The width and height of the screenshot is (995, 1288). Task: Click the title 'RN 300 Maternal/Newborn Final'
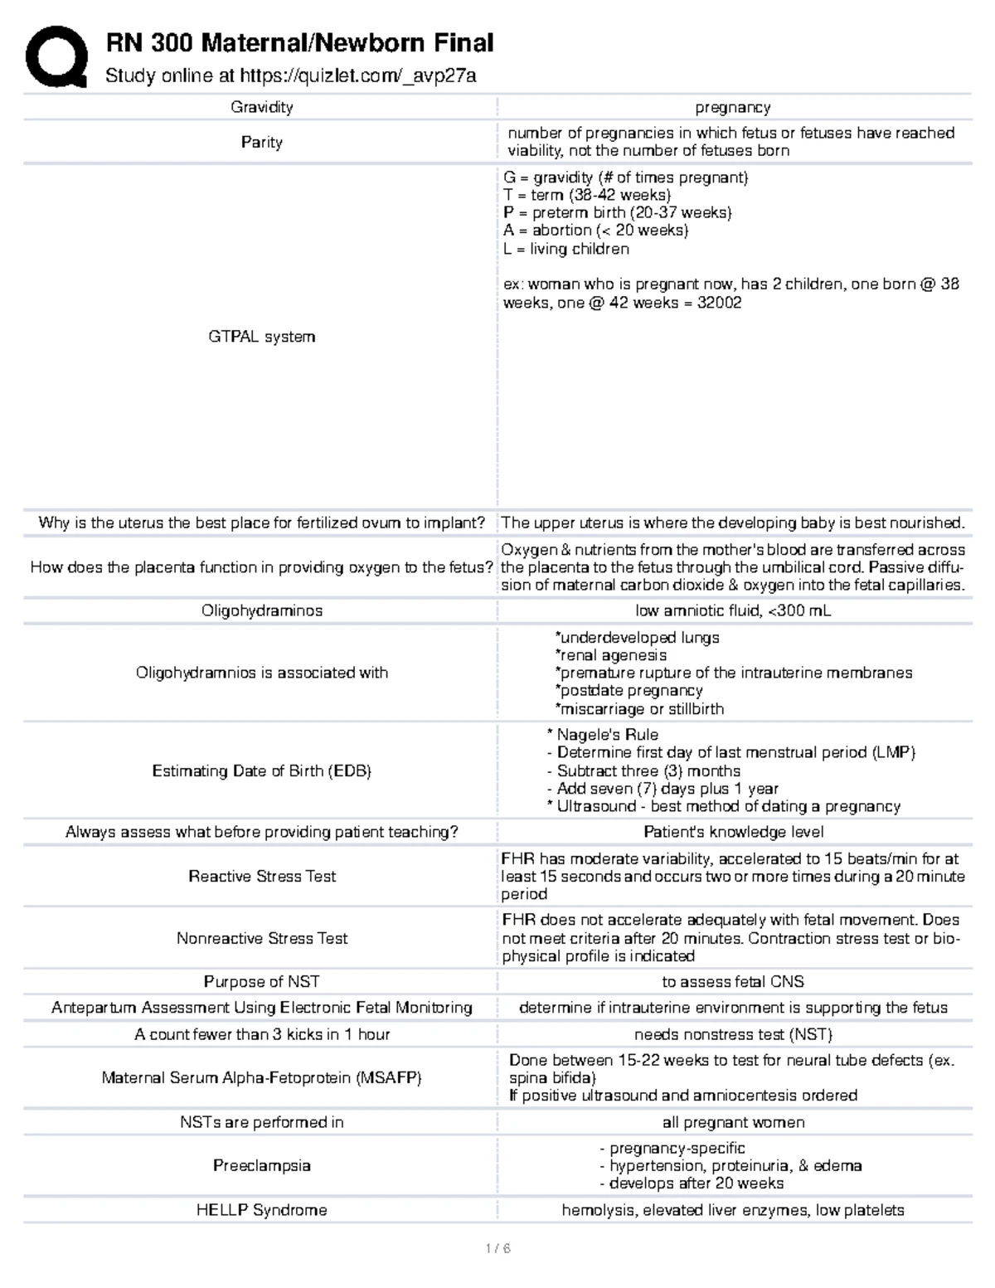[299, 42]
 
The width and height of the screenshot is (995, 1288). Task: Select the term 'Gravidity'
[261, 107]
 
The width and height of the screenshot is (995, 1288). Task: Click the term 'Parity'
[261, 142]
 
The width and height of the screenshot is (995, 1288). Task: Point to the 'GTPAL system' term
[261, 337]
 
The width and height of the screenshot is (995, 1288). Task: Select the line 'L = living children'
[566, 249]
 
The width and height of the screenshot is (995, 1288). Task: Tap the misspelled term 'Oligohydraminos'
[261, 610]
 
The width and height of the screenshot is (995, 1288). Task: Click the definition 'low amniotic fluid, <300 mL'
[732, 610]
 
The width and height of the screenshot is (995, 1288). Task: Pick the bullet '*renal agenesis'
[610, 655]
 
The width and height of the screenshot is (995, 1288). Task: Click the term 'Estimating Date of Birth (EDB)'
[261, 770]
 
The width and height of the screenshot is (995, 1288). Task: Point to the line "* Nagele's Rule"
[603, 734]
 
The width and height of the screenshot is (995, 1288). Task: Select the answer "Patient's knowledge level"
[733, 832]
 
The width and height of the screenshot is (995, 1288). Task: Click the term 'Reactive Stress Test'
[261, 876]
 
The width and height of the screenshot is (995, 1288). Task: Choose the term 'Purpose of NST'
[261, 981]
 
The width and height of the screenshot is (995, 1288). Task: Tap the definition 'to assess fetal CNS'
[733, 981]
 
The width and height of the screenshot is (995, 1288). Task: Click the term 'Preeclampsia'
[261, 1165]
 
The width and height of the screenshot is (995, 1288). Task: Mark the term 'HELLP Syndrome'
[261, 1210]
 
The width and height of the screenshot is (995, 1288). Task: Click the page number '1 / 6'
[498, 1247]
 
